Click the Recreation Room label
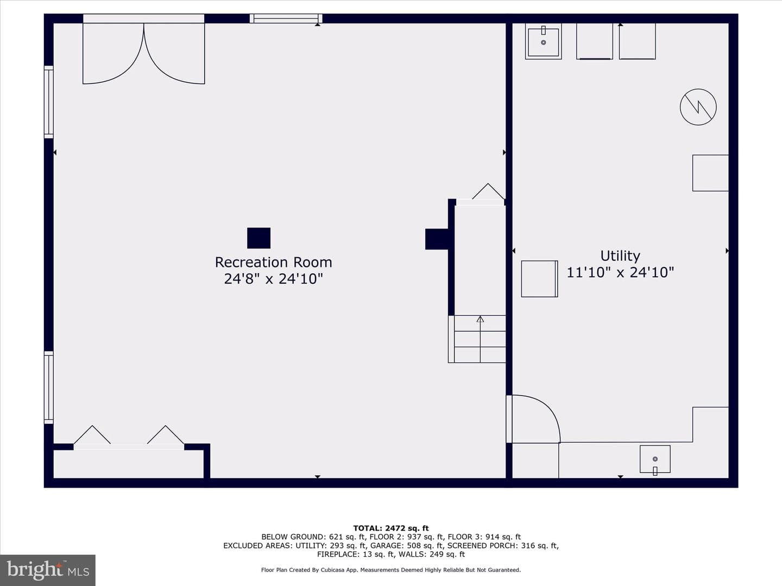click(273, 262)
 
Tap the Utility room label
click(620, 256)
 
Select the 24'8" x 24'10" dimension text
click(273, 278)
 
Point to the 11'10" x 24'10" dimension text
click(620, 272)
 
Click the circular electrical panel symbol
click(698, 107)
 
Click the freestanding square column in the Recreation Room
click(258, 238)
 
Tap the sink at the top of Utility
click(543, 41)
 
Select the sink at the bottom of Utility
click(655, 459)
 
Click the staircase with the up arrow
click(477, 339)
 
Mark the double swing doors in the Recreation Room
click(143, 53)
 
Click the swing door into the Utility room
click(533, 419)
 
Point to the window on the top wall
click(286, 18)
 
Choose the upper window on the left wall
click(49, 102)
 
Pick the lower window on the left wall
click(49, 387)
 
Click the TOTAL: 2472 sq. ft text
click(391, 528)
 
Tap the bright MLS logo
click(48, 570)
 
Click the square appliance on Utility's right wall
click(710, 173)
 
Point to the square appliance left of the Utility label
click(539, 278)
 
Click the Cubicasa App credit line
click(391, 570)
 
